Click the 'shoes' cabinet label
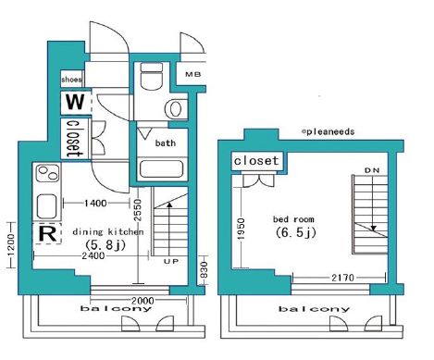(x=71, y=80)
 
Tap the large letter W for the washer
(x=75, y=102)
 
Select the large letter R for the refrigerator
(x=48, y=234)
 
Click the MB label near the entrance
(x=193, y=74)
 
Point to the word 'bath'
(x=166, y=143)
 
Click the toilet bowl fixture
(x=151, y=75)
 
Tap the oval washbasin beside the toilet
(x=175, y=108)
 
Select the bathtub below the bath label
(x=162, y=168)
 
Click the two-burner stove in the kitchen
(x=47, y=173)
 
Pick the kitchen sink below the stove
(x=47, y=206)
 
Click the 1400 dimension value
(x=95, y=203)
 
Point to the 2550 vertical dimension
(x=138, y=210)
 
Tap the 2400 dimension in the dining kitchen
(x=93, y=255)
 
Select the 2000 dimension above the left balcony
(x=143, y=301)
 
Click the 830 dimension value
(x=205, y=269)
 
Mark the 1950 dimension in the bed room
(x=242, y=229)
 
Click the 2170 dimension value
(x=342, y=278)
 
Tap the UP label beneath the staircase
(x=171, y=261)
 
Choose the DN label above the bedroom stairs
(x=372, y=170)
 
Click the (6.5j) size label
(x=296, y=232)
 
